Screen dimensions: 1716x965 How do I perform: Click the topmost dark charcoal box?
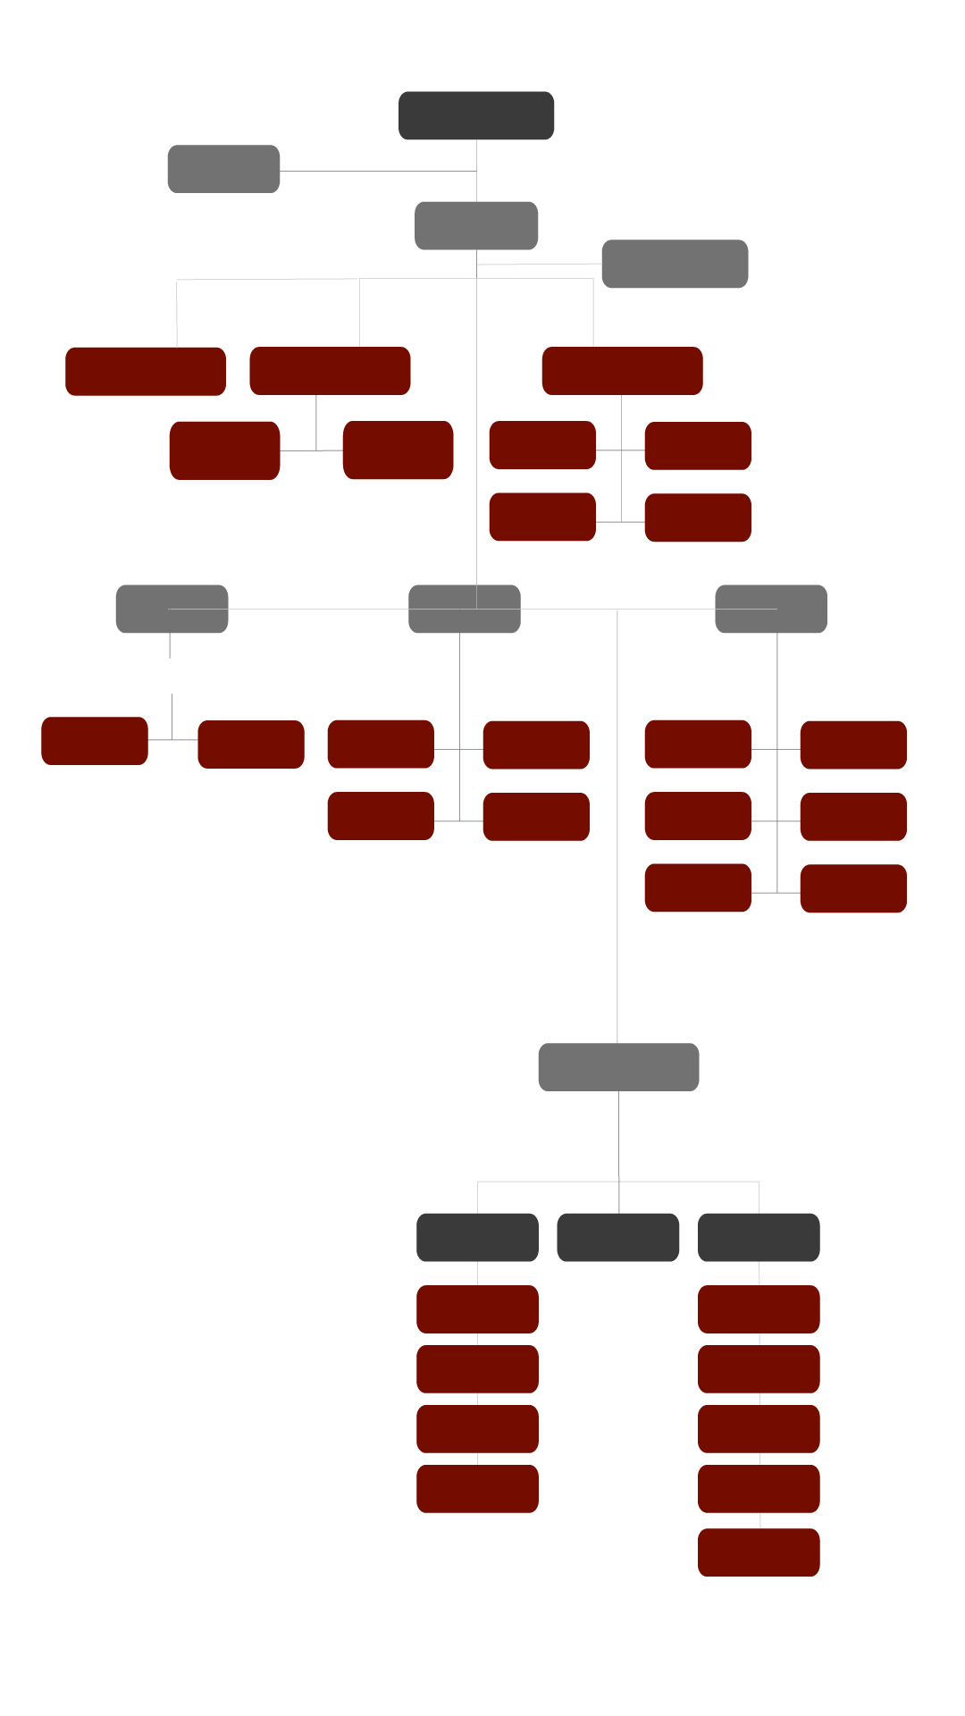click(x=476, y=115)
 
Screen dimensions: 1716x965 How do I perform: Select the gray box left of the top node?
click(x=223, y=169)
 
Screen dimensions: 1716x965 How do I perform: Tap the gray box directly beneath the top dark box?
click(x=476, y=225)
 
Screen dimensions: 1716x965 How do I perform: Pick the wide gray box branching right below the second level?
click(x=675, y=264)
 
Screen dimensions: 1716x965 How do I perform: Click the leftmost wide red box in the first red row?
click(x=146, y=371)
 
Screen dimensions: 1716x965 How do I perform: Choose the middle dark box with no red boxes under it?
click(x=617, y=1237)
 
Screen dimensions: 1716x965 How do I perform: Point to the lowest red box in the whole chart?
click(x=759, y=1552)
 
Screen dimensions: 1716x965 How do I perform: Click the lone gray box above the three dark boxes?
click(x=618, y=1067)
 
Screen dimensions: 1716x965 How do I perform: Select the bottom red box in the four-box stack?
click(x=477, y=1489)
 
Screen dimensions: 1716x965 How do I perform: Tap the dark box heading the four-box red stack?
click(x=477, y=1237)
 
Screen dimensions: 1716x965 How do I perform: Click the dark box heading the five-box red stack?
click(x=759, y=1237)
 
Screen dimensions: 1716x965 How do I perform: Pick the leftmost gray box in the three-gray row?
click(x=172, y=609)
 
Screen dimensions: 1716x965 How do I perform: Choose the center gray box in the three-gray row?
click(x=465, y=609)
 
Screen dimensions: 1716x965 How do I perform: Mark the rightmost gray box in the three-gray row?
click(x=771, y=609)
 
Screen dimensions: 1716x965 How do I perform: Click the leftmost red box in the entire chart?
click(x=95, y=741)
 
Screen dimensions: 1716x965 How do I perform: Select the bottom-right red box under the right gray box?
click(x=853, y=888)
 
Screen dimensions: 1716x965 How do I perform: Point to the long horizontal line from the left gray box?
click(x=375, y=171)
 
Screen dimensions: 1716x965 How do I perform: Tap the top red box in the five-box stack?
click(x=759, y=1309)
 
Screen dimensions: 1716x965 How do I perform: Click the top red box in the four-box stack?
click(x=477, y=1309)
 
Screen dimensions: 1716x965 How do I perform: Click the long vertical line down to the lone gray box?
click(x=617, y=822)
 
